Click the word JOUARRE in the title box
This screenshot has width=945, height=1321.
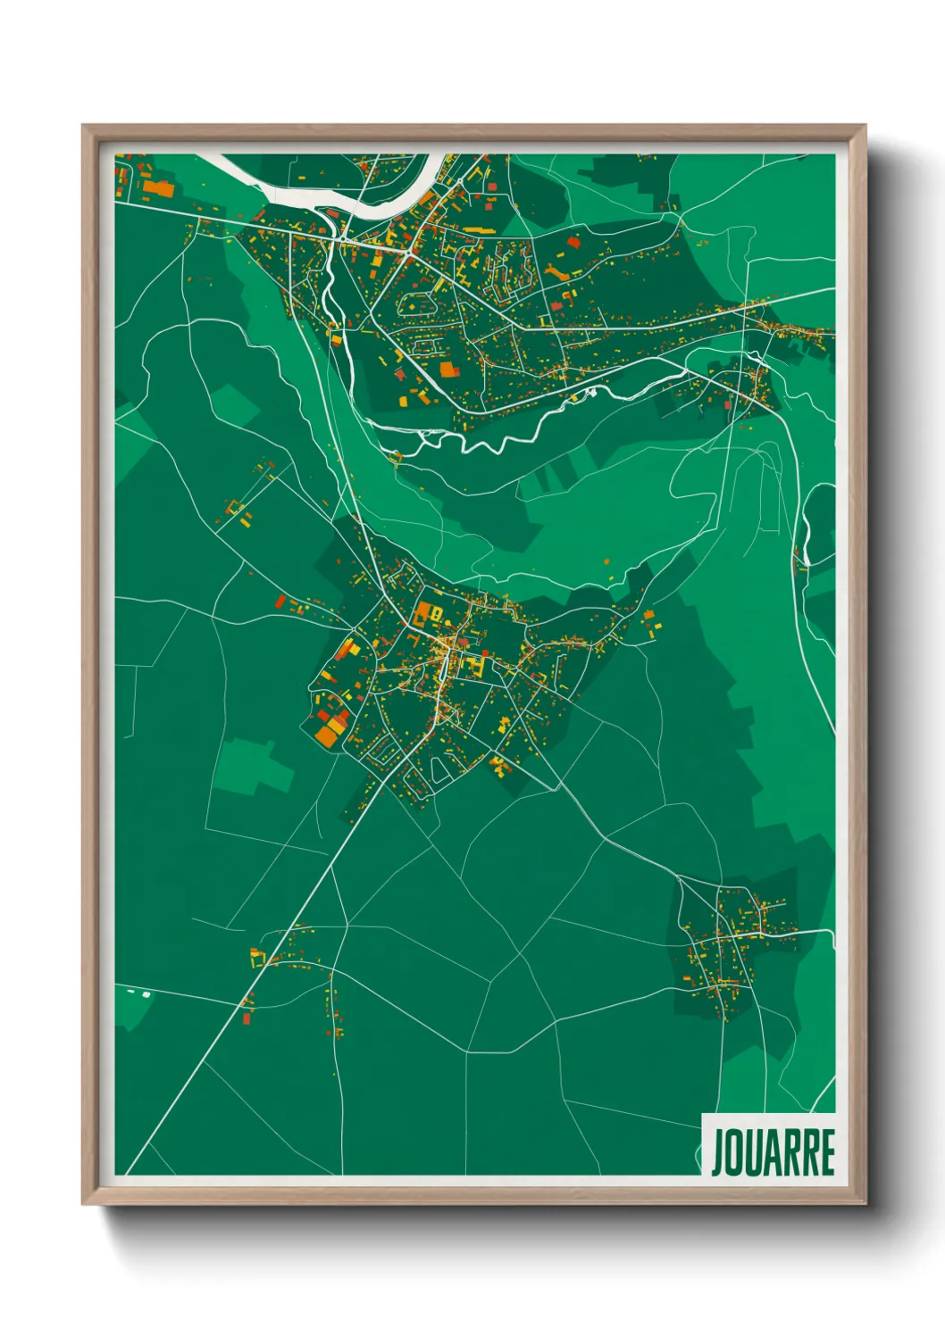click(773, 1152)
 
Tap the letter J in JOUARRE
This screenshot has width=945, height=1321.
click(717, 1153)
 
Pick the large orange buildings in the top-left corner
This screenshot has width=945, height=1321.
click(160, 188)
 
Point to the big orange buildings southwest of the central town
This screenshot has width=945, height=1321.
click(329, 727)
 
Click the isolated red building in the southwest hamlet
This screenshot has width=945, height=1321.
click(247, 1018)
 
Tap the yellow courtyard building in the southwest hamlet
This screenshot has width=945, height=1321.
click(257, 959)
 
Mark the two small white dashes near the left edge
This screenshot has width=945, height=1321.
click(139, 993)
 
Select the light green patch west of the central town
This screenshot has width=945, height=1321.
click(255, 766)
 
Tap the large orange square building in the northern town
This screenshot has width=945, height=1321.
click(447, 369)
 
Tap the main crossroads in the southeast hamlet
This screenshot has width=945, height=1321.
click(722, 937)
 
